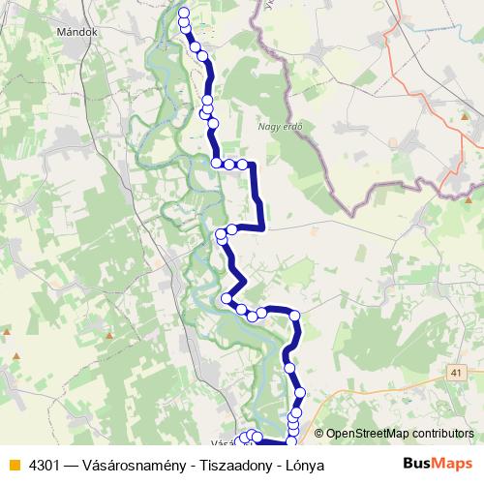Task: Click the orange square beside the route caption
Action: pos(14,465)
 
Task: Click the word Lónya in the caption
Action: pos(304,465)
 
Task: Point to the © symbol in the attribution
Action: pos(319,434)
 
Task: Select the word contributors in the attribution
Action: pos(442,434)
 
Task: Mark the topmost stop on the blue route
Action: pos(184,13)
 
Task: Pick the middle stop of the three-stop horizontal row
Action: pos(229,164)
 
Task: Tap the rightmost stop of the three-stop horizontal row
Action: pos(242,164)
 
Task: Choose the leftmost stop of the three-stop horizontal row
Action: pos(217,163)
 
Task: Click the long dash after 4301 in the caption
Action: pos(72,465)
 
